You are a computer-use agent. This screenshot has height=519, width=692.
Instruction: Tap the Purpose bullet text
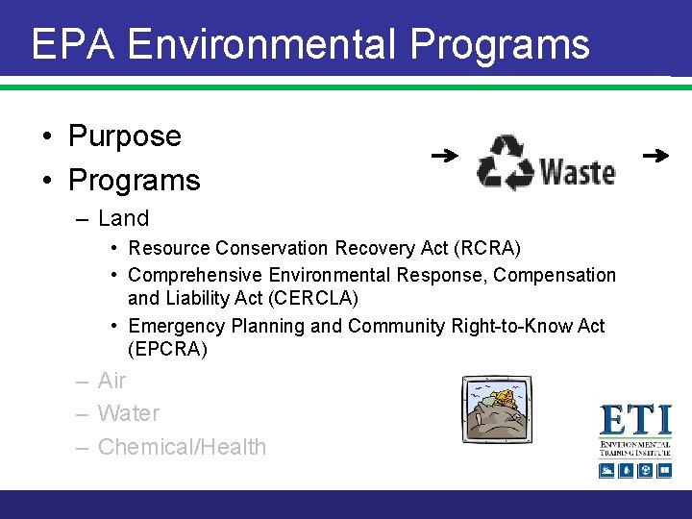pos(124,136)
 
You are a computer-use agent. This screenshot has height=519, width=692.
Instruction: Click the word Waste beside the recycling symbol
pos(577,171)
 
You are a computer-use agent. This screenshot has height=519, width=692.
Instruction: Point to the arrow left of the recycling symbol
pos(443,155)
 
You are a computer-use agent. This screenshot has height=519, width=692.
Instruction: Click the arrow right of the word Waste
pos(655,155)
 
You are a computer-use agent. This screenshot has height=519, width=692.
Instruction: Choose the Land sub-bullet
pos(123,218)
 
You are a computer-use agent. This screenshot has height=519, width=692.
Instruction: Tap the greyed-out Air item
pos(111,381)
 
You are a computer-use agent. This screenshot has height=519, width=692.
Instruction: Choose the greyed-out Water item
pos(129,413)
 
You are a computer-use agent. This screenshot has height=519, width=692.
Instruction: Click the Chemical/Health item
pos(182,447)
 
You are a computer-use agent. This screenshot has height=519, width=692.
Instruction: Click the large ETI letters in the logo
pos(635,420)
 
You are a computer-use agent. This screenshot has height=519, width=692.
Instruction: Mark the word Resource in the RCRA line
pos(169,249)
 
